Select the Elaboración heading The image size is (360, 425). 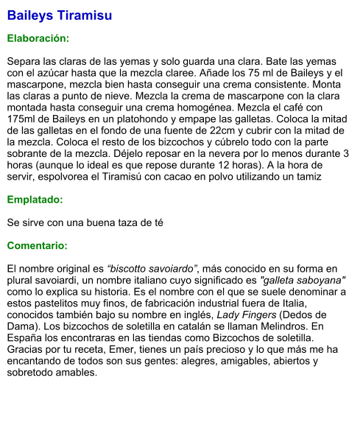pyautogui.click(x=38, y=38)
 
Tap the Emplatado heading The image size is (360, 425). pyautogui.click(x=35, y=199)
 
